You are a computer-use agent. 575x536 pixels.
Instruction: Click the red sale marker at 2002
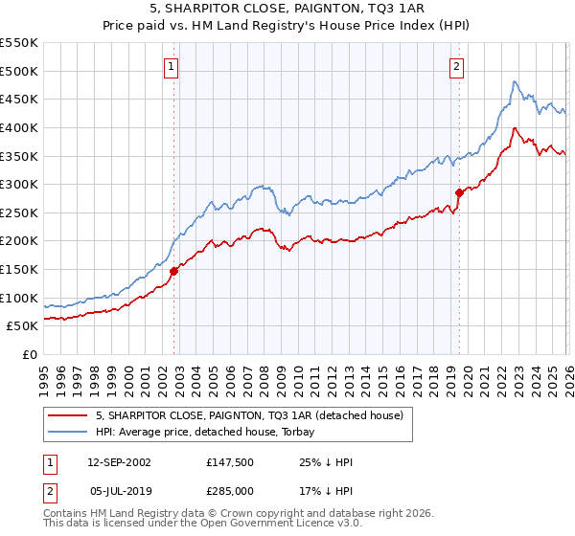coord(174,271)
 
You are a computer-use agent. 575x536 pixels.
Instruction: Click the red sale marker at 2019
coord(459,192)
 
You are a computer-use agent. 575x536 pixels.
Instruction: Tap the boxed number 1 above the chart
coord(171,66)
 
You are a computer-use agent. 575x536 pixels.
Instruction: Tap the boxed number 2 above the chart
coord(455,66)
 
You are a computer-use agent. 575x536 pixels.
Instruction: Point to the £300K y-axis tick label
coord(19,184)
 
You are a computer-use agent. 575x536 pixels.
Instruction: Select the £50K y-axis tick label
coord(23,325)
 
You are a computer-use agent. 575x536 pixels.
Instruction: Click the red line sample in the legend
coord(68,415)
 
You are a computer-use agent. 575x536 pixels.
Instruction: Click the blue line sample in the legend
coord(68,432)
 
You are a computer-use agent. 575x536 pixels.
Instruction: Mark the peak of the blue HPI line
coord(515,81)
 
